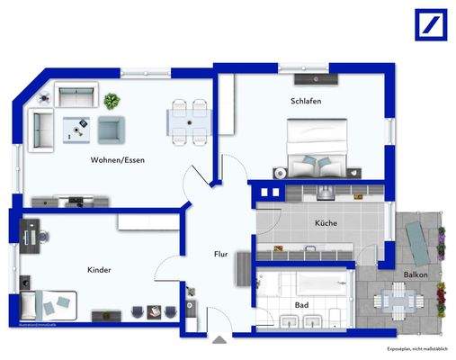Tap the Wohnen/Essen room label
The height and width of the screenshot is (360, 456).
pos(118,160)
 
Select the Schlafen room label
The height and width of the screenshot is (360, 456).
pos(306,101)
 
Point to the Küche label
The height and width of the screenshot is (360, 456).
pos(325,221)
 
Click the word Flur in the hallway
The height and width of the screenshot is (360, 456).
pos(220,255)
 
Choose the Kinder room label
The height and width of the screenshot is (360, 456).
pos(99,269)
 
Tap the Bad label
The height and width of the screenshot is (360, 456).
pos(301,305)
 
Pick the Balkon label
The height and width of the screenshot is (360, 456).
pos(415,274)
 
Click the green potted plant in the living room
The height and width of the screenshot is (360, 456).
pos(112,101)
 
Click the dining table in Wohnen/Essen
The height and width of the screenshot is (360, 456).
pos(190,121)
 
